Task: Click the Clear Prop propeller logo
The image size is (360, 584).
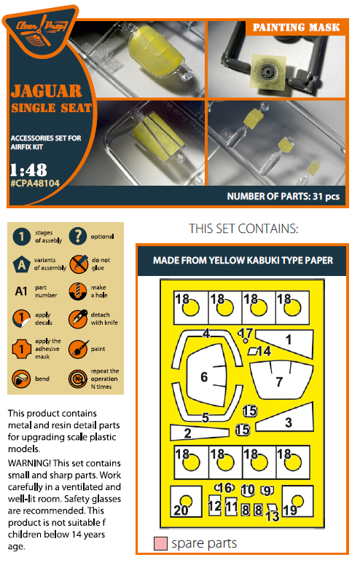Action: click(x=40, y=30)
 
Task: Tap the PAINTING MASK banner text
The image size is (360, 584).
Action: click(x=297, y=28)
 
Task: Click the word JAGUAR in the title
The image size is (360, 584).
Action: click(x=46, y=91)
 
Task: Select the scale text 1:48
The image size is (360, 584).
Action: click(x=28, y=170)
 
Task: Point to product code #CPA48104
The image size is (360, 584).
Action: click(x=35, y=184)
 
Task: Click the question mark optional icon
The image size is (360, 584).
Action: click(x=78, y=236)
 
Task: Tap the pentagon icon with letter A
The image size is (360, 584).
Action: click(x=22, y=264)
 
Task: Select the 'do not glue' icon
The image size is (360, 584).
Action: click(x=79, y=264)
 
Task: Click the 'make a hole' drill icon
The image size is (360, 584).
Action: click(x=78, y=291)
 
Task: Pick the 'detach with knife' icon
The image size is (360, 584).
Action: click(x=78, y=319)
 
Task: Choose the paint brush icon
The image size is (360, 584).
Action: click(x=78, y=349)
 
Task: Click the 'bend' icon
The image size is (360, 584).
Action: click(x=21, y=379)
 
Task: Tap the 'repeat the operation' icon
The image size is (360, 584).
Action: click(x=78, y=379)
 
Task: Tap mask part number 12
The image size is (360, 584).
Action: click(x=215, y=505)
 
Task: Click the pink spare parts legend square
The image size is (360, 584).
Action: click(x=160, y=543)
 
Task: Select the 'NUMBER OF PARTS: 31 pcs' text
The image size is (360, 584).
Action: click(x=283, y=197)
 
